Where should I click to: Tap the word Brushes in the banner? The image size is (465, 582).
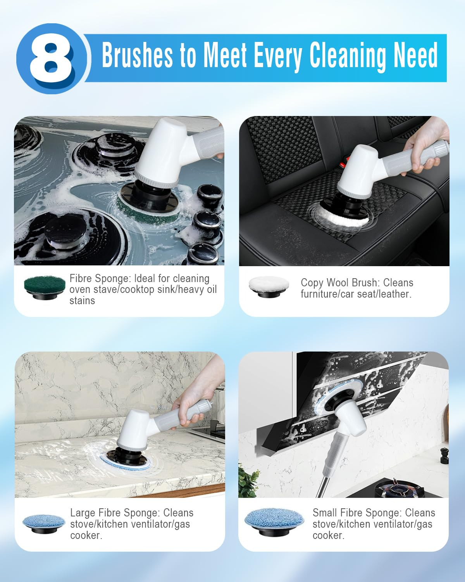coord(137,55)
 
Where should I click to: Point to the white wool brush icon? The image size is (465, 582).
coord(269,286)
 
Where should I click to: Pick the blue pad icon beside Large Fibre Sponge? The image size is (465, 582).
coord(44,522)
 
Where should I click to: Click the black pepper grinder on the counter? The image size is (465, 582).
coord(444,455)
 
